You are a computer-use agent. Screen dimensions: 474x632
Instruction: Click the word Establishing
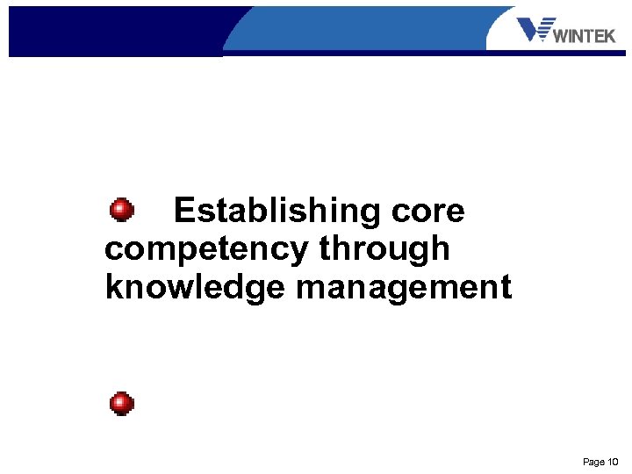click(276, 212)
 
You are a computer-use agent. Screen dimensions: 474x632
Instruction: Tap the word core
click(429, 212)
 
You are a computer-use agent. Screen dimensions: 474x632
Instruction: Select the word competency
click(206, 250)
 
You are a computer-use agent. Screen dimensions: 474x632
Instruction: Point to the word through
click(384, 249)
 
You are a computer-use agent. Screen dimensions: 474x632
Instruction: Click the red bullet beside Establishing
click(122, 211)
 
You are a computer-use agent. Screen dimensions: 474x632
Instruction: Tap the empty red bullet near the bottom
click(122, 404)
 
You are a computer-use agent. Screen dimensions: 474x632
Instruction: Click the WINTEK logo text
click(585, 36)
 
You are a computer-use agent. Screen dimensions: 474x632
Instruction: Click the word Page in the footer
click(593, 462)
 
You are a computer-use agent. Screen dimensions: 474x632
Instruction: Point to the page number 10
click(613, 462)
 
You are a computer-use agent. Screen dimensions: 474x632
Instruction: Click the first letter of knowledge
click(112, 288)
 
